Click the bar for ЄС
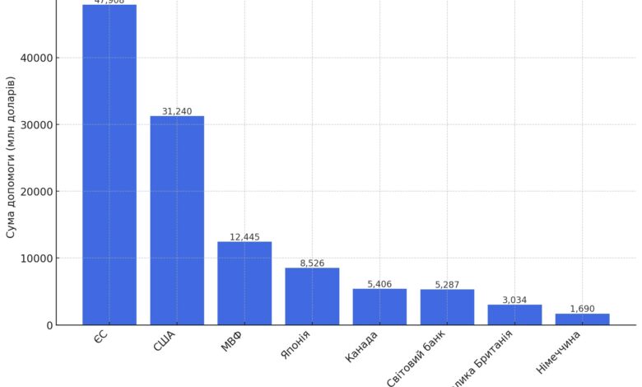(109, 165)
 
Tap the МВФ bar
(244, 283)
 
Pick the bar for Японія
(312, 296)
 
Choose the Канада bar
(379, 307)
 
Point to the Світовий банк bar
(447, 307)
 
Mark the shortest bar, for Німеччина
(582, 319)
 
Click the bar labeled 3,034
(514, 315)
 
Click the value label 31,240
(177, 111)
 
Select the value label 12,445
(244, 237)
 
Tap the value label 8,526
(312, 263)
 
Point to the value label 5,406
(379, 284)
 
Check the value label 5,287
(447, 285)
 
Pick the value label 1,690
(582, 309)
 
